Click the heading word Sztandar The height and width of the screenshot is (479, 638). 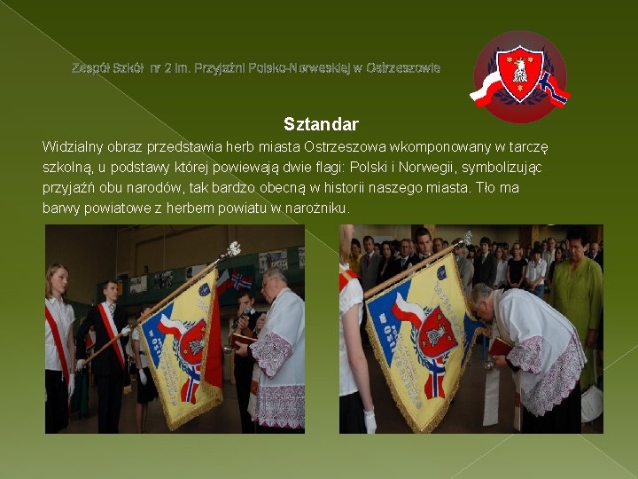coord(321,124)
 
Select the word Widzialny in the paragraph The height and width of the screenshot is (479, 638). coord(73,145)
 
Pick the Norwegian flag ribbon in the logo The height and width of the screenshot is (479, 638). coord(553,89)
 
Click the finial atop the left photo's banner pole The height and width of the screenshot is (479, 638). coord(234,248)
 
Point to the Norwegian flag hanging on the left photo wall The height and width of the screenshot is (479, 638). coord(240,281)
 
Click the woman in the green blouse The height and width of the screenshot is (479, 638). coord(577,293)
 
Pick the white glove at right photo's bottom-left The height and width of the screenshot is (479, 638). coord(370,420)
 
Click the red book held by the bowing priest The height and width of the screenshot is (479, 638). coord(500,346)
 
